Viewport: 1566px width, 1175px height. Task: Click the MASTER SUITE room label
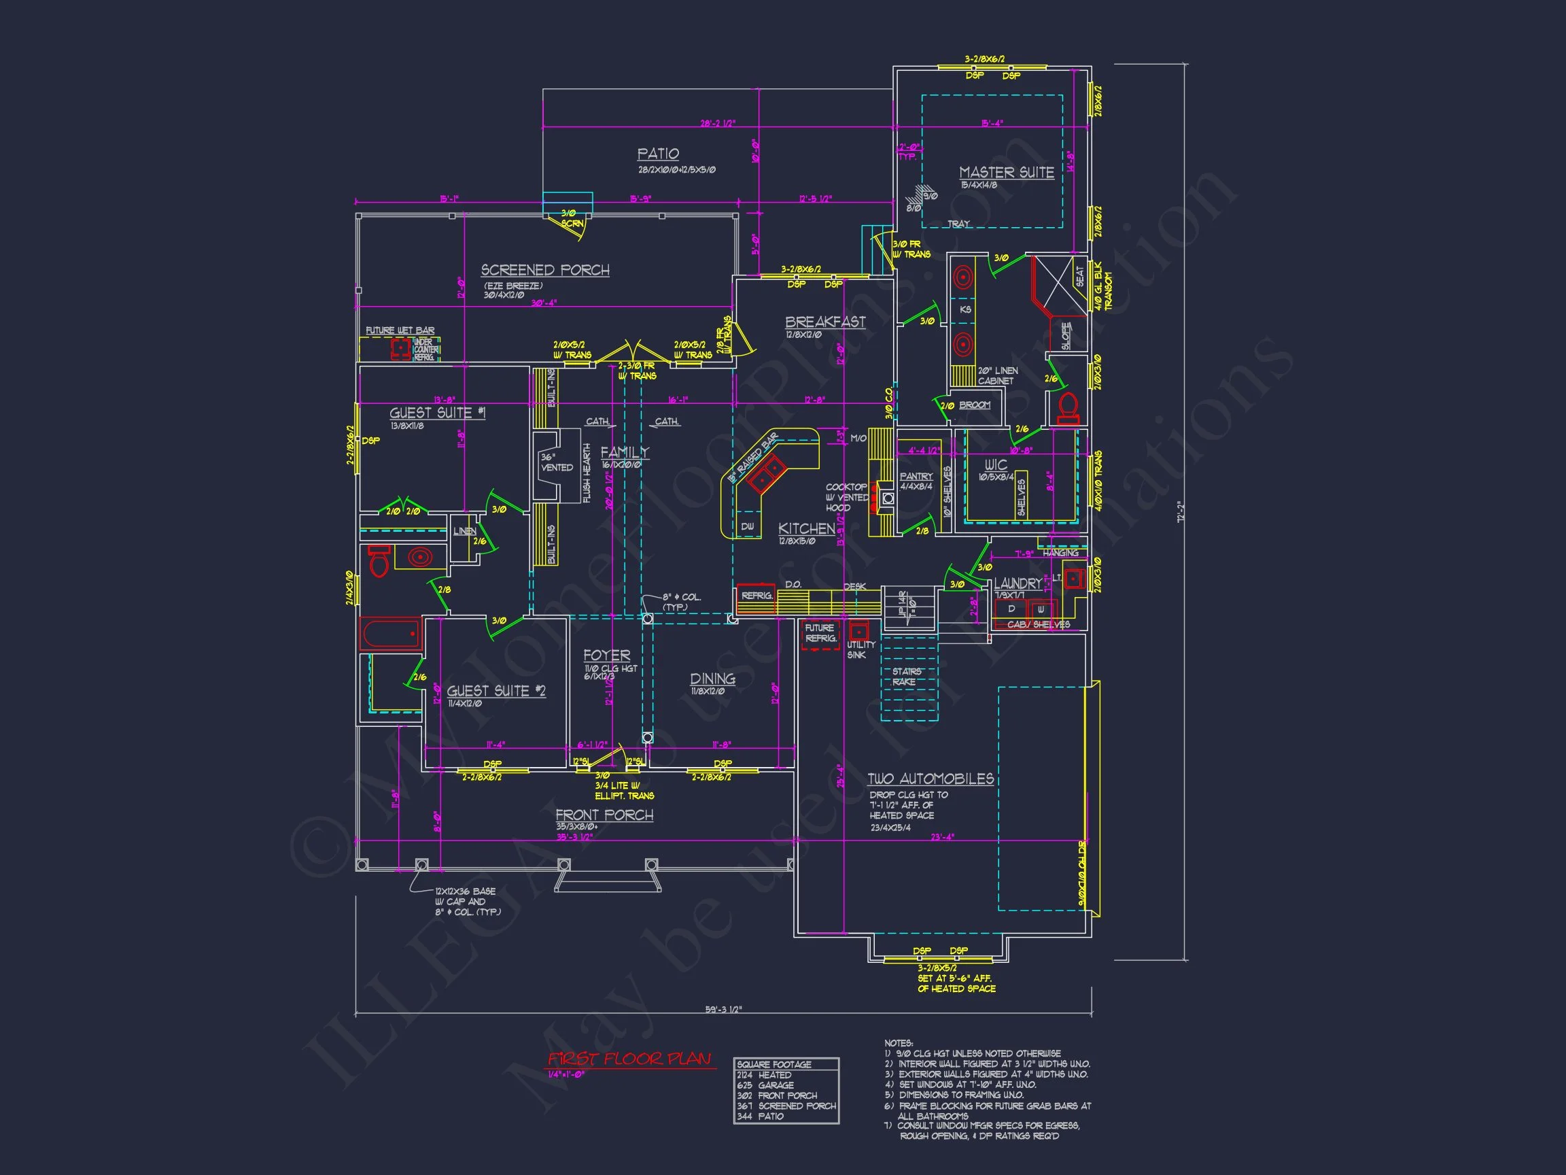tap(1006, 172)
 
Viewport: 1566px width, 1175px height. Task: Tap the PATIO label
tap(658, 154)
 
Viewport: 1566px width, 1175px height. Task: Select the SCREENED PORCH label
tap(545, 270)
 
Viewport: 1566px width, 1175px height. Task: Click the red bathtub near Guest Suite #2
tap(391, 634)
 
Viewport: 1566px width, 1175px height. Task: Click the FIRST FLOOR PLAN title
tap(629, 1059)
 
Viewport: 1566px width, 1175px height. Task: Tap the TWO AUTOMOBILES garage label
tap(930, 779)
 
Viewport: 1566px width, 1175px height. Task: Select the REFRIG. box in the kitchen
tap(756, 596)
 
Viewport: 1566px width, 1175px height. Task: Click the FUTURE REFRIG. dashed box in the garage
tap(820, 634)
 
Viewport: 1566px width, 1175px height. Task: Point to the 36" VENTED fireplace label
tap(557, 463)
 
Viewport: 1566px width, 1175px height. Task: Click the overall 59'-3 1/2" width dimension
tap(723, 1010)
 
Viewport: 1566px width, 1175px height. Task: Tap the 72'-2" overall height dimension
tap(1180, 512)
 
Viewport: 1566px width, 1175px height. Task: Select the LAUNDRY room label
tap(1017, 583)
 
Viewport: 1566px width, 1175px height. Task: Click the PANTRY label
tap(916, 477)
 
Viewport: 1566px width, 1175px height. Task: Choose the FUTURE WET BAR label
tap(400, 330)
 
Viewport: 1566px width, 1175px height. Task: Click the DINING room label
tap(712, 679)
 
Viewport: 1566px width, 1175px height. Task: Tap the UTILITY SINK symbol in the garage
tap(858, 631)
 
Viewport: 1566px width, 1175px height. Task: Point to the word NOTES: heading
tap(899, 1043)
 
